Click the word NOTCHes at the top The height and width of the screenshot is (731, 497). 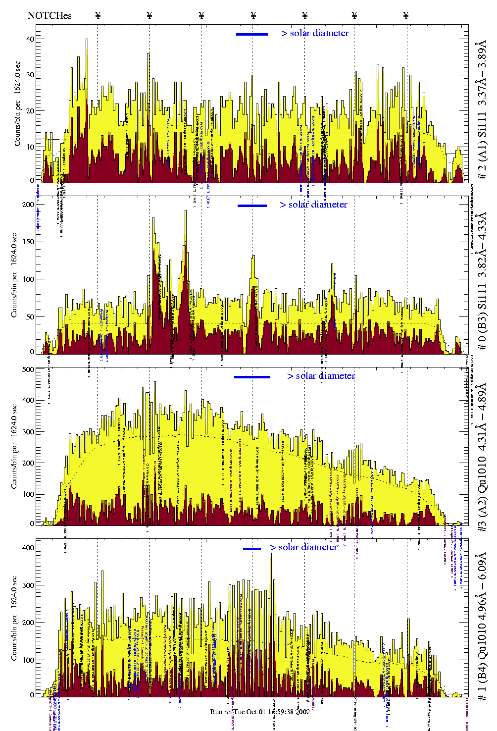[50, 15]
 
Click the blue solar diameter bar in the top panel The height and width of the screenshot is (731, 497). [252, 34]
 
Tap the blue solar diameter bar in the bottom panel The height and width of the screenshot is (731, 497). [252, 549]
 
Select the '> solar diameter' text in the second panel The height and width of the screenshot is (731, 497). [313, 205]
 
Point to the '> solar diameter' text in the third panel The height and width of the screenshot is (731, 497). [321, 376]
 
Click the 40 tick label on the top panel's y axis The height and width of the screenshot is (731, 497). [30, 39]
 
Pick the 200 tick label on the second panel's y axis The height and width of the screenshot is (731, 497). [29, 205]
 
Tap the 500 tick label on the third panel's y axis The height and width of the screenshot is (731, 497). [28, 369]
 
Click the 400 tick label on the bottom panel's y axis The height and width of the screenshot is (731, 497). [28, 548]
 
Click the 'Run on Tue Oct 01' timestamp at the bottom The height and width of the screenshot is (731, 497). [260, 712]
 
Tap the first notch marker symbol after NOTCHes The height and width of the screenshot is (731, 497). [98, 15]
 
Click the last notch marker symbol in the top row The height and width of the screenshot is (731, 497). [406, 15]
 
